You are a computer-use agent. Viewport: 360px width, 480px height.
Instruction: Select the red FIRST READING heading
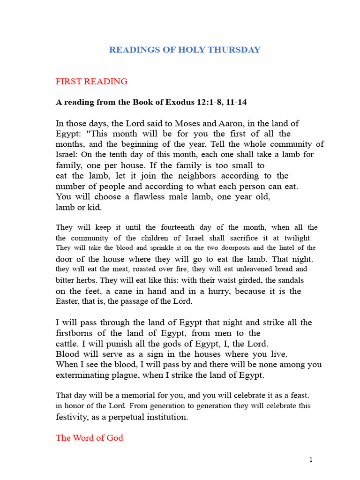(x=91, y=82)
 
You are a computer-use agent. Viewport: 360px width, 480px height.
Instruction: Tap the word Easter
(x=68, y=301)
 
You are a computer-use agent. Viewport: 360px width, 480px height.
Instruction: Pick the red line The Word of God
(x=90, y=438)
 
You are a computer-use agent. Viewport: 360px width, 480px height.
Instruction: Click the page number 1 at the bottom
(x=311, y=460)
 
